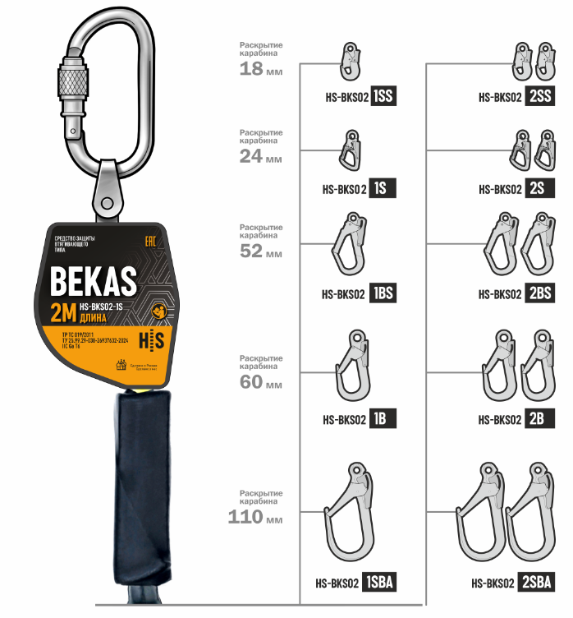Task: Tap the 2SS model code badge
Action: [x=541, y=96]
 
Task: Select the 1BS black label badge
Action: [x=383, y=293]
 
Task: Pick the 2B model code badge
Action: [x=537, y=419]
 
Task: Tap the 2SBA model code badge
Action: [x=538, y=583]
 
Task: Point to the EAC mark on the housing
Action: [x=149, y=242]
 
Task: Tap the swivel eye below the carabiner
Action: [x=107, y=189]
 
